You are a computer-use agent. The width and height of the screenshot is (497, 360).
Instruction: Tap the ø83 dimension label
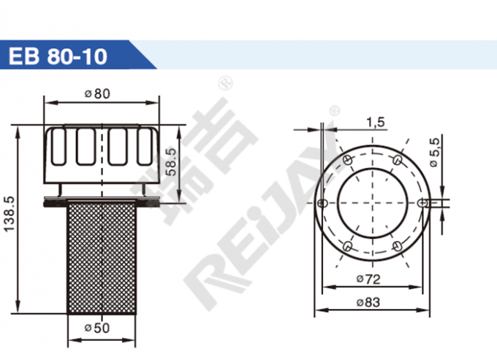coord(371,302)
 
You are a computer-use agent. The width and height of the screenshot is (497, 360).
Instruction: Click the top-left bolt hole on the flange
coord(348,159)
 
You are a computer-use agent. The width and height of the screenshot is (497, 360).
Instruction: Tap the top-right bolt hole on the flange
coord(397,159)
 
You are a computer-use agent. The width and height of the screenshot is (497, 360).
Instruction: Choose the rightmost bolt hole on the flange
coord(422,202)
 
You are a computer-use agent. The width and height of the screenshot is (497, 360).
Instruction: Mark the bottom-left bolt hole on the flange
coord(348,245)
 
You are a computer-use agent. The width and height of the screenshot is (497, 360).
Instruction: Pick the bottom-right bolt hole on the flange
coord(397,245)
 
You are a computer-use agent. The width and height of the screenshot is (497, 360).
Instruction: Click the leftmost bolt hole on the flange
coord(322,202)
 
